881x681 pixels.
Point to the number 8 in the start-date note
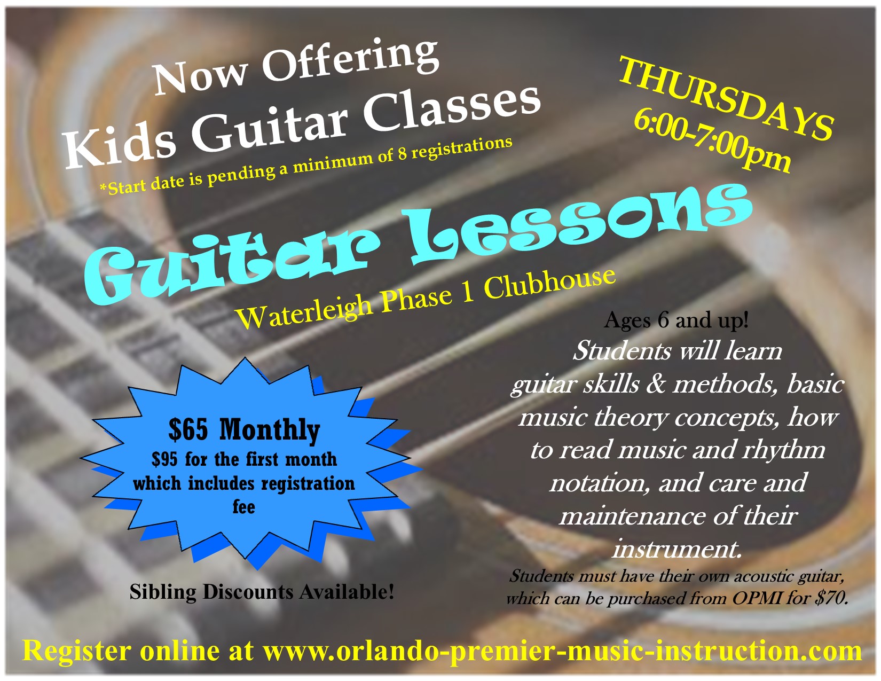[x=402, y=154]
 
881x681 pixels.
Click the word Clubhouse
[x=549, y=284]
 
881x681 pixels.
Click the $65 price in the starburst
[x=188, y=430]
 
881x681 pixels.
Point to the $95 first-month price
[x=164, y=459]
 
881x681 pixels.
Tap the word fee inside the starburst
[x=243, y=506]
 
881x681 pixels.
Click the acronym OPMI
[x=757, y=598]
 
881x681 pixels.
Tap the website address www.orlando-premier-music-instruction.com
[x=562, y=651]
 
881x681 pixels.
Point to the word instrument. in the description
[x=677, y=549]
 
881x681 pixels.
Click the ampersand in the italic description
[x=656, y=383]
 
